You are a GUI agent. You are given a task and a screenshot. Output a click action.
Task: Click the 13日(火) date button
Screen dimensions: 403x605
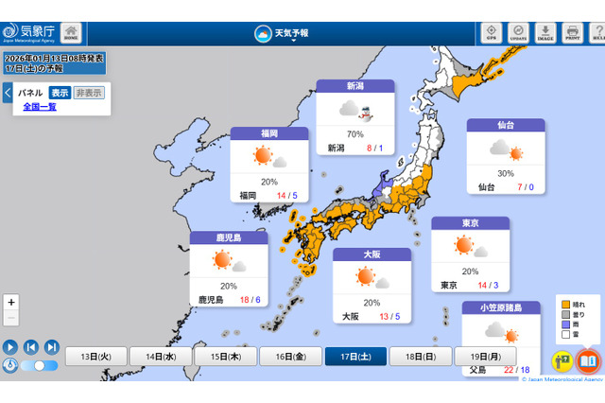pyautogui.click(x=96, y=356)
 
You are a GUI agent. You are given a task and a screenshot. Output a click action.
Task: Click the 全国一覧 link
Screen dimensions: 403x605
pyautogui.click(x=40, y=107)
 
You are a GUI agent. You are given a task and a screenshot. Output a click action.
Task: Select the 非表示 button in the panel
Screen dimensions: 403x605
pyautogui.click(x=89, y=93)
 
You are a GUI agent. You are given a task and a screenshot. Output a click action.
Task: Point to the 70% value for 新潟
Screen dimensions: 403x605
pyautogui.click(x=355, y=134)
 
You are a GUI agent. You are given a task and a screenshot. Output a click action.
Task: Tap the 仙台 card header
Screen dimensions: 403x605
pyautogui.click(x=506, y=125)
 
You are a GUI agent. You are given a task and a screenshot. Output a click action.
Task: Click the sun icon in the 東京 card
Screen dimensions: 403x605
pyautogui.click(x=464, y=246)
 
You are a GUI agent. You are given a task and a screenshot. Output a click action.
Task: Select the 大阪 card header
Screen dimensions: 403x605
pyautogui.click(x=372, y=254)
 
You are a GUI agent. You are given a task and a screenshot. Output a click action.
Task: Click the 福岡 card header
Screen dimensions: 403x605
pyautogui.click(x=268, y=133)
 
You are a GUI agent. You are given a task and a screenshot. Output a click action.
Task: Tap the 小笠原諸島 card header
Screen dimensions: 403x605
pyautogui.click(x=500, y=307)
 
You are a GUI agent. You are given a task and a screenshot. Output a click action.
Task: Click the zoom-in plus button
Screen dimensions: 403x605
pyautogui.click(x=11, y=302)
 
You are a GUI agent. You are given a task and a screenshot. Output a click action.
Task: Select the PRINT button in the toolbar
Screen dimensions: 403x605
pyautogui.click(x=572, y=32)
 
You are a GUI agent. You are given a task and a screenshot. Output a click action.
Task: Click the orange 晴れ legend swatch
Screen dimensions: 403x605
pyautogui.click(x=565, y=305)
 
